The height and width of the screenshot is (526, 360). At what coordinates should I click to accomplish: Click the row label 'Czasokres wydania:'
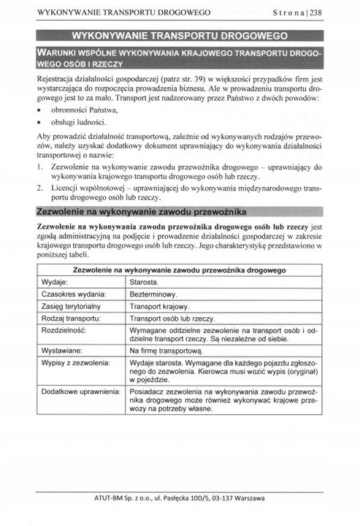(74, 294)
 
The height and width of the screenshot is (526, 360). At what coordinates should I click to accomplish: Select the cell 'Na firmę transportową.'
(166, 351)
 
